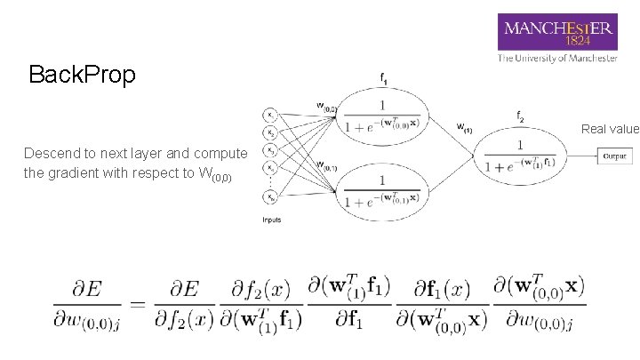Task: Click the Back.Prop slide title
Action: [82, 75]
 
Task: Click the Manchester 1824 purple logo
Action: [557, 32]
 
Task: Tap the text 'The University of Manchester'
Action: [557, 59]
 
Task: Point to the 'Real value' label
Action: [610, 129]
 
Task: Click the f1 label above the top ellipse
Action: [383, 79]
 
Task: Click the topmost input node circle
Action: [270, 115]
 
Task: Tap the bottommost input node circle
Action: [270, 198]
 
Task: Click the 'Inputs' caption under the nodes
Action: [271, 220]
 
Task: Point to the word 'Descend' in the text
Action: [52, 153]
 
